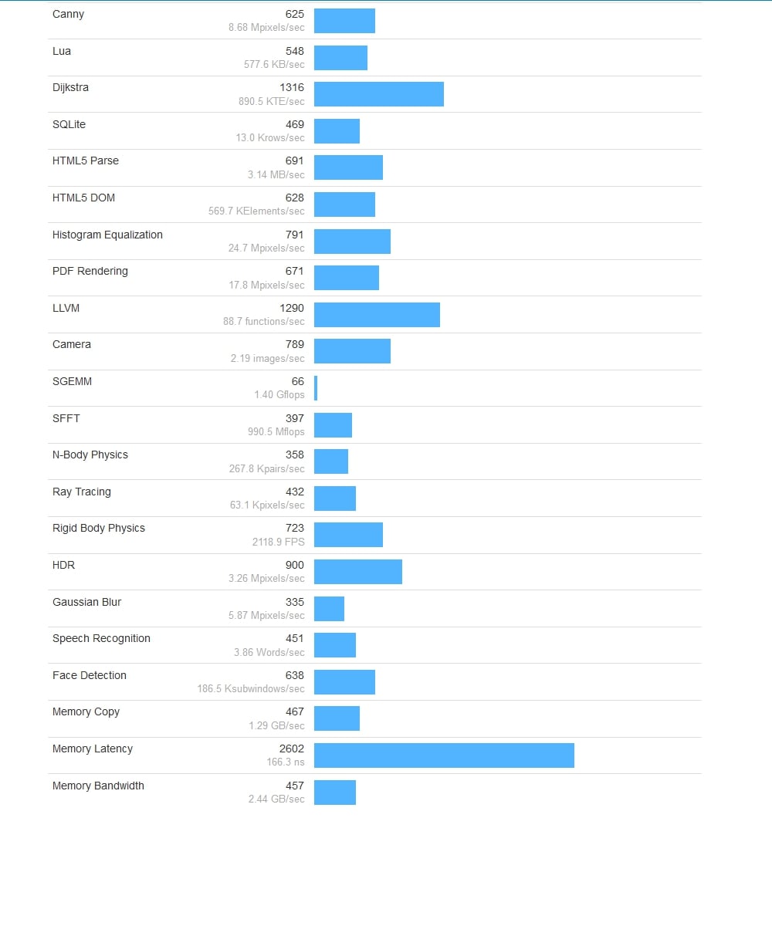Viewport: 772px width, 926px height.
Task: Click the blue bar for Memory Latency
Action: pos(444,755)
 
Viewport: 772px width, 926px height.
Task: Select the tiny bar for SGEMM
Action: pos(316,388)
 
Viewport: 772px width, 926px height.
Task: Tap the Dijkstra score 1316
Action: pos(292,88)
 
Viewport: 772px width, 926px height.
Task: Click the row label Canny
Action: pos(68,14)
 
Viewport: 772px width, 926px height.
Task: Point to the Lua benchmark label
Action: pos(62,51)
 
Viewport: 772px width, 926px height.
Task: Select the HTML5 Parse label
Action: pos(86,161)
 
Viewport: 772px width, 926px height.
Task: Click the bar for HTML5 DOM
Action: pos(344,204)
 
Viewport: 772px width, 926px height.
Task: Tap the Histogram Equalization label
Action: pos(107,235)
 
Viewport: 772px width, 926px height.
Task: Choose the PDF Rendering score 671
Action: pos(295,272)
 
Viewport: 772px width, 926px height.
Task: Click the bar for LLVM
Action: pos(377,315)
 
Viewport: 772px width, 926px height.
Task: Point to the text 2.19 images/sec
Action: pos(267,359)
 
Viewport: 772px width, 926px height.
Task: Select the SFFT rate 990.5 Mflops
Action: pos(276,432)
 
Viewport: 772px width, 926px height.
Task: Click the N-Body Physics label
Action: pos(90,455)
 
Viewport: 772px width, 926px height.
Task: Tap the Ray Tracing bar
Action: pos(335,498)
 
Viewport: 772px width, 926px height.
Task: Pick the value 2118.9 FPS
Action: pos(278,542)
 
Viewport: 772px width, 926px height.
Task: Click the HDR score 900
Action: pos(295,566)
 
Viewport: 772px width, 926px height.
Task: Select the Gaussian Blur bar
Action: pos(329,609)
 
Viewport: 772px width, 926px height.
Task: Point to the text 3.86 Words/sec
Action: pos(269,652)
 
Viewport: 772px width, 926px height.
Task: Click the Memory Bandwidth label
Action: pos(98,786)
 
